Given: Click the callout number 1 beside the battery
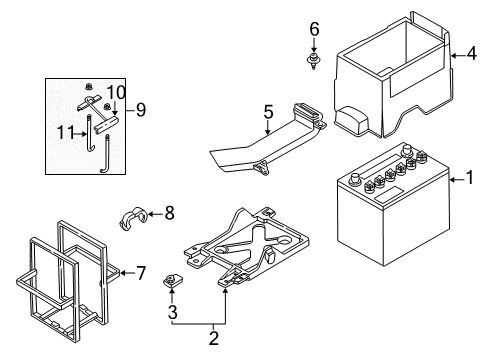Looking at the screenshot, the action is click(470, 177).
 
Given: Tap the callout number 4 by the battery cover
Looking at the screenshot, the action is click(472, 53).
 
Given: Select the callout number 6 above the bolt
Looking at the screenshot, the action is click(314, 29).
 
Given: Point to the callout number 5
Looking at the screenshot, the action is click(268, 112).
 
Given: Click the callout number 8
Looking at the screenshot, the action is click(170, 213).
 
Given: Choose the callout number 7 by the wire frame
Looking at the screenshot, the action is click(141, 273).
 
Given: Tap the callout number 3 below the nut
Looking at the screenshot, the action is click(172, 312).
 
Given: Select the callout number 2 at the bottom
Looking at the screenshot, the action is click(214, 338).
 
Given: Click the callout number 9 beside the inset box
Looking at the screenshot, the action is click(141, 109).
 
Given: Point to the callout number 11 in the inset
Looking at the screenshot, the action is click(66, 133).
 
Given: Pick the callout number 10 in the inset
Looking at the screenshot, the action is click(116, 92).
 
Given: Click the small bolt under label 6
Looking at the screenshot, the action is click(313, 61).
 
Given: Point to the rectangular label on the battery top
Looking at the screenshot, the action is click(389, 194).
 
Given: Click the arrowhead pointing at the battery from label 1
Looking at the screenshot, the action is click(452, 180).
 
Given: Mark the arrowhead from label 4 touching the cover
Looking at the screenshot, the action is click(453, 56).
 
